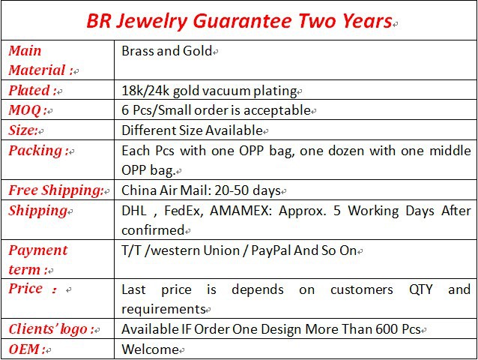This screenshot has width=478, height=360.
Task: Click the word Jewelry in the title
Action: (x=151, y=21)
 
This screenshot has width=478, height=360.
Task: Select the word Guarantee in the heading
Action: (x=242, y=21)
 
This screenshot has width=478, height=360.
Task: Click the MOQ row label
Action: (x=28, y=109)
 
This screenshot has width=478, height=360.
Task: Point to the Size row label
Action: (x=23, y=130)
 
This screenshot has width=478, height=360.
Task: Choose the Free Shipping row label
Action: (x=56, y=190)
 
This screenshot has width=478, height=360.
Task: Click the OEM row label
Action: (x=27, y=349)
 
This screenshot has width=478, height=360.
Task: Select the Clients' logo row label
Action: (x=51, y=329)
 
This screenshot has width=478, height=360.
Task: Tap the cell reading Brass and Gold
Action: (x=166, y=51)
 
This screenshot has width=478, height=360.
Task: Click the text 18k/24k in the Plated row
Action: (x=145, y=91)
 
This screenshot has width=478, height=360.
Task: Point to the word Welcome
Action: (x=150, y=349)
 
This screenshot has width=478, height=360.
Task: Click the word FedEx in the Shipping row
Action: (x=184, y=211)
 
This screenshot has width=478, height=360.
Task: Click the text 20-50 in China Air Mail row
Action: (x=232, y=190)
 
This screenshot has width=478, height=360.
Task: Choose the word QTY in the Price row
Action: (x=421, y=289)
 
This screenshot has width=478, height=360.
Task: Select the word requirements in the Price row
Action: (x=163, y=309)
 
